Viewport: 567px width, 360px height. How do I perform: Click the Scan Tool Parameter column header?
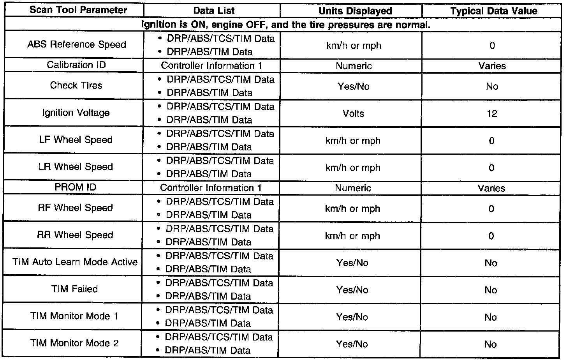coord(78,10)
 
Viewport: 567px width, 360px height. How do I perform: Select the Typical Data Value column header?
coord(493,11)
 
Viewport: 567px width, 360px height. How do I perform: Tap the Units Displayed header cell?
coord(355,11)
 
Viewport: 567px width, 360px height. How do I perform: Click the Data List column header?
coord(214,11)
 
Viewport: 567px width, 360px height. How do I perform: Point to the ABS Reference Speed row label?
coord(77,44)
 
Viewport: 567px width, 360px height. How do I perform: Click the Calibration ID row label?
coord(76,65)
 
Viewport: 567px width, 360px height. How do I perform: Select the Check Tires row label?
coord(76,85)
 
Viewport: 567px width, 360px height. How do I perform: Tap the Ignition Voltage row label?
coord(76,113)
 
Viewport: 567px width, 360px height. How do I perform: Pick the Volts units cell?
coord(353,114)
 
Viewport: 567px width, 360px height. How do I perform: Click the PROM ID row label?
coord(75,187)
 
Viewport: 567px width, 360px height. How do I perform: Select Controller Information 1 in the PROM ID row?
coord(211,188)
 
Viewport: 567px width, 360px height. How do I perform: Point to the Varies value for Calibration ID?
coord(492,66)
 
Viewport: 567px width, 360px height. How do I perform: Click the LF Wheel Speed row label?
coord(76,140)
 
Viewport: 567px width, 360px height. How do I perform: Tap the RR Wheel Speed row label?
coord(75,235)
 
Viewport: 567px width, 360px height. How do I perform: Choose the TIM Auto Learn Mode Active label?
coord(75,262)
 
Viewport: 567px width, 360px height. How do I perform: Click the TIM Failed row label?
coord(74,289)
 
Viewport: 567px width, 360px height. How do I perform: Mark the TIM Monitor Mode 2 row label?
coord(74,343)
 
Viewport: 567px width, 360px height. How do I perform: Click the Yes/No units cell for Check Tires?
coord(353,86)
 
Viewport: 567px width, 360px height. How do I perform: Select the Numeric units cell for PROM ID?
coord(353,188)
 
